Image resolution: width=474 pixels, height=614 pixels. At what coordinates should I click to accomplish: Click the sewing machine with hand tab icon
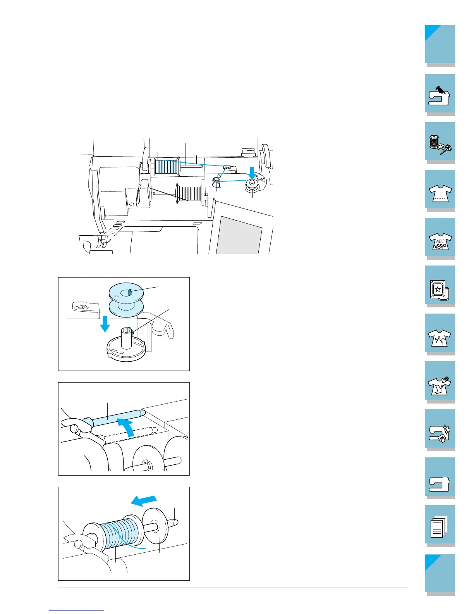pos(440,95)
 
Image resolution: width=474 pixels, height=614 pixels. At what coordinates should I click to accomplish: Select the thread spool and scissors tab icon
pos(440,143)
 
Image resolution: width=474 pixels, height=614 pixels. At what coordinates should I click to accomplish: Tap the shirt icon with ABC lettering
pos(440,238)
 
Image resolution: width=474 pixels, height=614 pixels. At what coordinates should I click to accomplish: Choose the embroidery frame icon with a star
pos(440,286)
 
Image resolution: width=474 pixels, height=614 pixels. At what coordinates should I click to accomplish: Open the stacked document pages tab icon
pos(440,526)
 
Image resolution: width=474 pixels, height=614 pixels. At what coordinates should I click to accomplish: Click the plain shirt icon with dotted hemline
pos(440,191)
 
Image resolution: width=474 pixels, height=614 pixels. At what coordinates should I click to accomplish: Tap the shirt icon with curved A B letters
pos(440,335)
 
